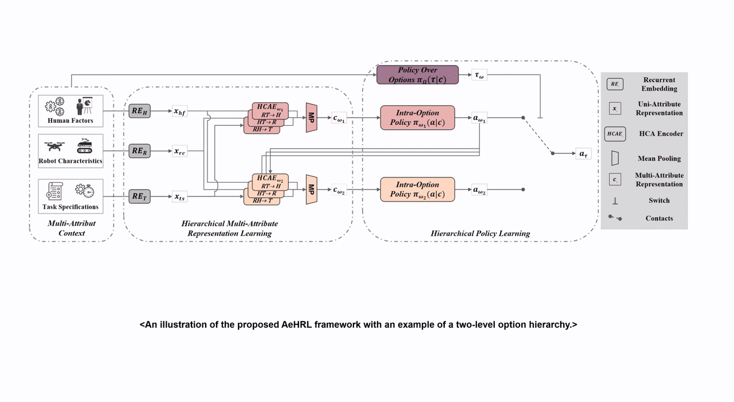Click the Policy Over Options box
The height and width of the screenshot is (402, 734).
pos(417,75)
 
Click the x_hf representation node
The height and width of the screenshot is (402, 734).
pos(180,112)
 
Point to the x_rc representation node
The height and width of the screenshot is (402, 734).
pos(180,152)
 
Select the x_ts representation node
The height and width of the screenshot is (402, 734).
pos(180,197)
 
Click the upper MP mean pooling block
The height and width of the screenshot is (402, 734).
pos(312,118)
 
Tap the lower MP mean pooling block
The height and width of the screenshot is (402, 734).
pos(312,190)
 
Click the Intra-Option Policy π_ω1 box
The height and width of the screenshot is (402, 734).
pos(417,118)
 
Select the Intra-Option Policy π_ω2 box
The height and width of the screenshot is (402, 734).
pos(417,190)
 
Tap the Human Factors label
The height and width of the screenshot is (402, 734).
pos(71,121)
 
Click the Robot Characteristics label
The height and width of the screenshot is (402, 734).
pos(71,161)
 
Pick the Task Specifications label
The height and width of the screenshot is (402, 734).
pos(71,207)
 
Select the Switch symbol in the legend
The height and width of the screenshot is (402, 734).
pos(614,200)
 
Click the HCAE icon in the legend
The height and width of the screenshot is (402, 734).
pos(614,133)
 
